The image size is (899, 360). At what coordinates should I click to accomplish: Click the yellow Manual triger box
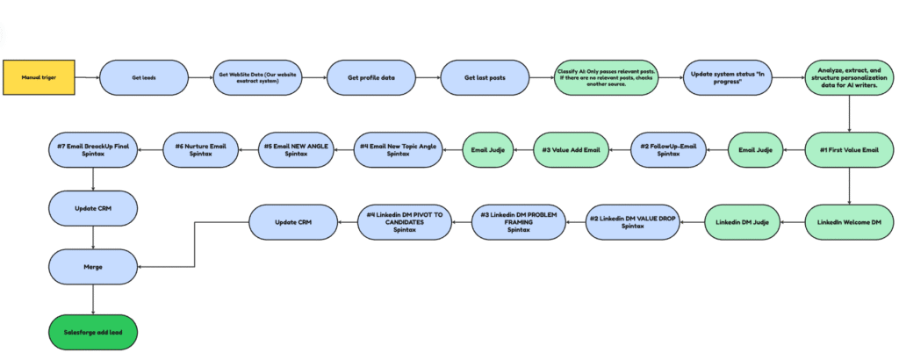[39, 77]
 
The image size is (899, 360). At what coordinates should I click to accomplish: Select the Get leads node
[144, 77]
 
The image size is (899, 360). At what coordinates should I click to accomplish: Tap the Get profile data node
[370, 77]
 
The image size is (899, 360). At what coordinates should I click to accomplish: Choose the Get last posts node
[485, 77]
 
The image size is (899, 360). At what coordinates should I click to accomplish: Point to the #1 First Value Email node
[849, 150]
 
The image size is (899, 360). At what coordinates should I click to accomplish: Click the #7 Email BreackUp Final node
[93, 150]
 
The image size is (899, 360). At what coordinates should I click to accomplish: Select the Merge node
[93, 264]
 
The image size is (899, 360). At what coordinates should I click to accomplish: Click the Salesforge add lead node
[93, 332]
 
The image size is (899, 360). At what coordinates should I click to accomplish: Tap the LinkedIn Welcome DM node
[849, 222]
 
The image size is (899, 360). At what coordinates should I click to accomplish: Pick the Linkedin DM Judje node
[743, 222]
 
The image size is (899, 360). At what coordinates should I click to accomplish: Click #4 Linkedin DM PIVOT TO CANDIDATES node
[405, 222]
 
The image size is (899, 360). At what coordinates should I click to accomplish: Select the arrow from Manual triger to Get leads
[86, 77]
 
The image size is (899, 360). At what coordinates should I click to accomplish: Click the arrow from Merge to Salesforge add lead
[93, 299]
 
